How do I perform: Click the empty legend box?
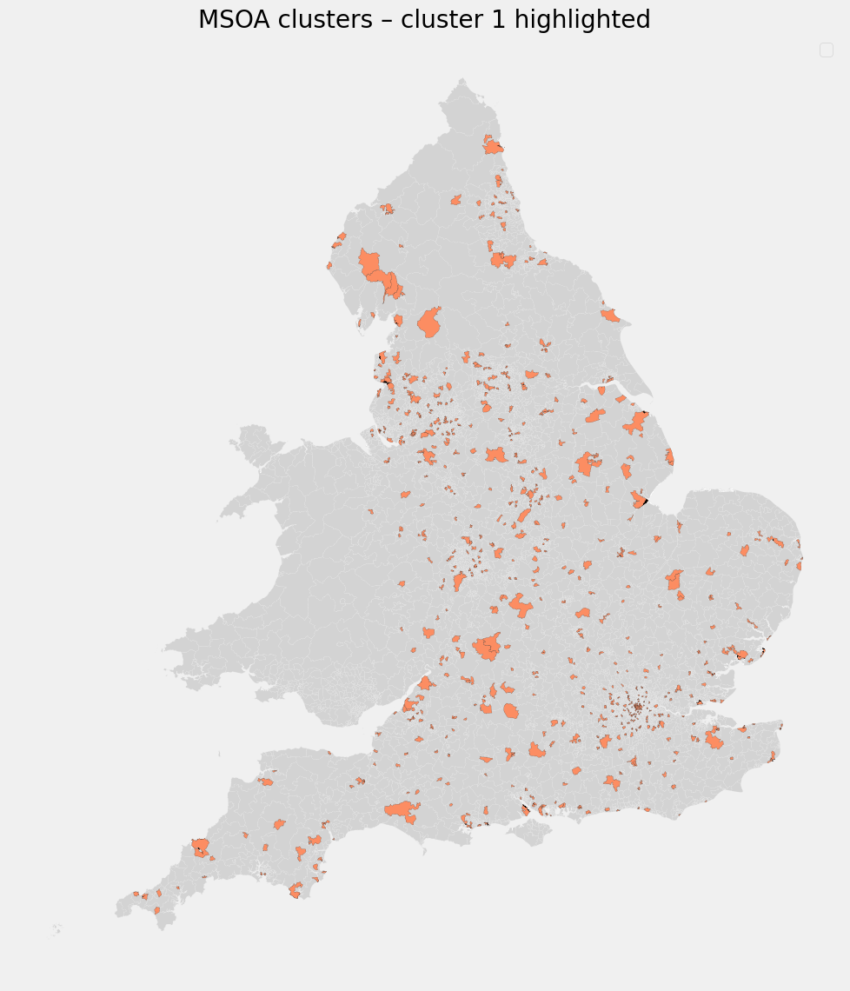click(x=827, y=50)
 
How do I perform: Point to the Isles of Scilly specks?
click(x=56, y=928)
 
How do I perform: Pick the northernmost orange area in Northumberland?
click(x=493, y=145)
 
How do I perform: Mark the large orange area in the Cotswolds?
click(x=488, y=646)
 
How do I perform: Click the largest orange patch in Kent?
click(x=714, y=740)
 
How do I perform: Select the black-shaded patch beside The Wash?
click(x=645, y=503)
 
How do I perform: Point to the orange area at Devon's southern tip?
click(x=296, y=890)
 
